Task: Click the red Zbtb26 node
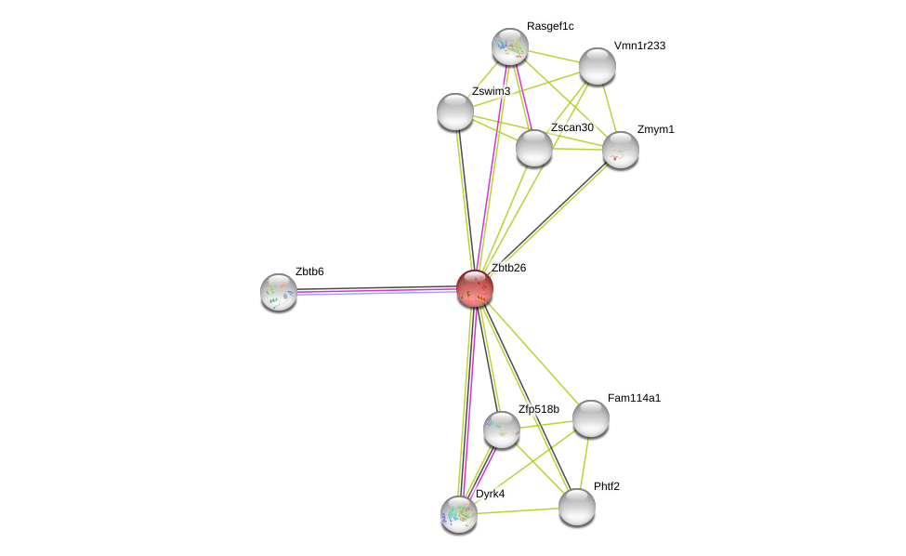474,288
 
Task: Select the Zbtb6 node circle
279,292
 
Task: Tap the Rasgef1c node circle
510,46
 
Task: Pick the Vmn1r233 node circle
597,66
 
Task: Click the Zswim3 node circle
455,112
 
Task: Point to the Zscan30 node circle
534,148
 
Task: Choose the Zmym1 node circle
621,150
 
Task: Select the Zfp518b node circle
502,430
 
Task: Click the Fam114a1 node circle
591,418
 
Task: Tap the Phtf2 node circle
577,507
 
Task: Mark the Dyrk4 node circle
459,514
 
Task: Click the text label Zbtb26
508,268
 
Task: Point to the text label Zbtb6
309,271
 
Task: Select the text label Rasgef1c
550,26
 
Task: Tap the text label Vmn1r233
639,46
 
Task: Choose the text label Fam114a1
634,398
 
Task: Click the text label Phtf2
607,486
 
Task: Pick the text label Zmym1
655,129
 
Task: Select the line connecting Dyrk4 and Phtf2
519,510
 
